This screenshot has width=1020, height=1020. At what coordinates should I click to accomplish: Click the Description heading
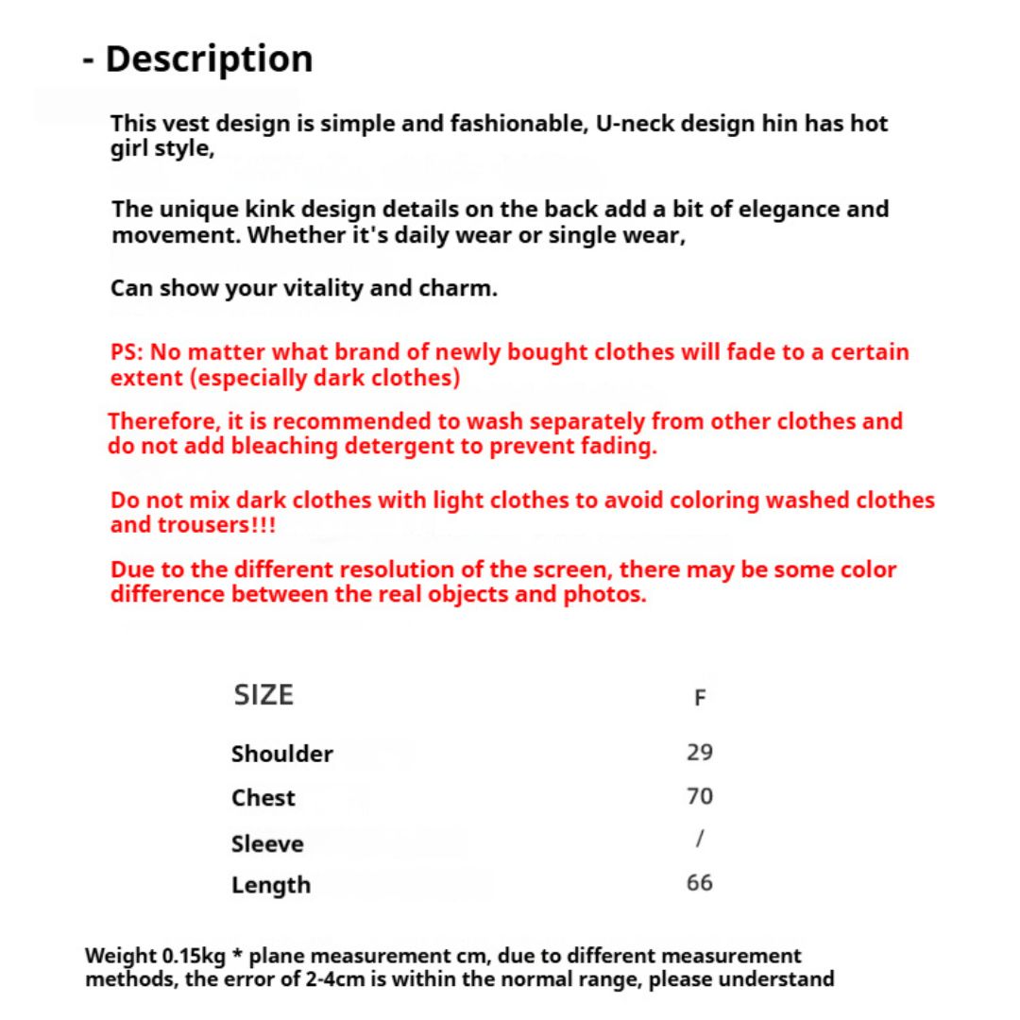[x=208, y=59]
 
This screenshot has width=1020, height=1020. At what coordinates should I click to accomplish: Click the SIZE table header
[x=263, y=695]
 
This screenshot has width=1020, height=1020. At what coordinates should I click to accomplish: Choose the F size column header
[x=700, y=698]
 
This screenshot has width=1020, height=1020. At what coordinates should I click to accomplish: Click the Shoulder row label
[x=281, y=754]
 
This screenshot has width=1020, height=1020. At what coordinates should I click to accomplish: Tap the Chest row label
[x=263, y=798]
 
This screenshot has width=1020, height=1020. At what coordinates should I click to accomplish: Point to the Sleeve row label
[x=267, y=843]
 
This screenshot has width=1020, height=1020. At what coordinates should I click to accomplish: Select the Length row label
[x=270, y=885]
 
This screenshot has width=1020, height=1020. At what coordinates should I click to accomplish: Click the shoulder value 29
[x=700, y=753]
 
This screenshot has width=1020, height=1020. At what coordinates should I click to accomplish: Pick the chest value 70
[x=700, y=796]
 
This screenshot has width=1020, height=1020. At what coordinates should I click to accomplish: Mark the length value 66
[x=700, y=883]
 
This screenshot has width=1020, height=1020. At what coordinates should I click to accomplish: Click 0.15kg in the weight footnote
[x=194, y=956]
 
